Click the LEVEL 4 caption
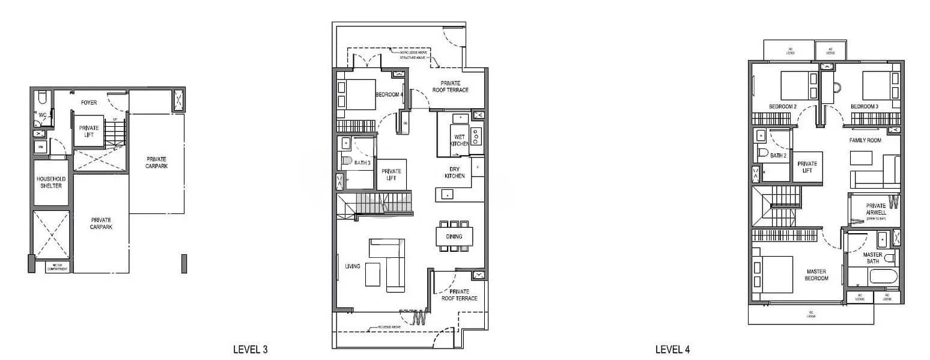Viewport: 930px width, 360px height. click(x=672, y=349)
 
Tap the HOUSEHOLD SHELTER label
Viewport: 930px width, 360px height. click(x=50, y=182)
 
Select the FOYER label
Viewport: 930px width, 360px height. click(x=89, y=103)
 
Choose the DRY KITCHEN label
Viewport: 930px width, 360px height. click(x=454, y=172)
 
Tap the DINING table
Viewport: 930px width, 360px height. click(x=454, y=236)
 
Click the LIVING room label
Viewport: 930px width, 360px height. click(x=353, y=266)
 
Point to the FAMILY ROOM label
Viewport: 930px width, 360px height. click(x=865, y=140)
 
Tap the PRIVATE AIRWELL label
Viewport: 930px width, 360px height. click(x=876, y=209)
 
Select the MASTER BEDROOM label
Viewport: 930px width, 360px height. click(x=816, y=275)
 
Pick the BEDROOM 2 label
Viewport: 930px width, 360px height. click(x=782, y=106)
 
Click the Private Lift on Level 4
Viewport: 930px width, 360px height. click(x=807, y=166)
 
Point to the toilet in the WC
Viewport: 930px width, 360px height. click(x=42, y=97)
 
